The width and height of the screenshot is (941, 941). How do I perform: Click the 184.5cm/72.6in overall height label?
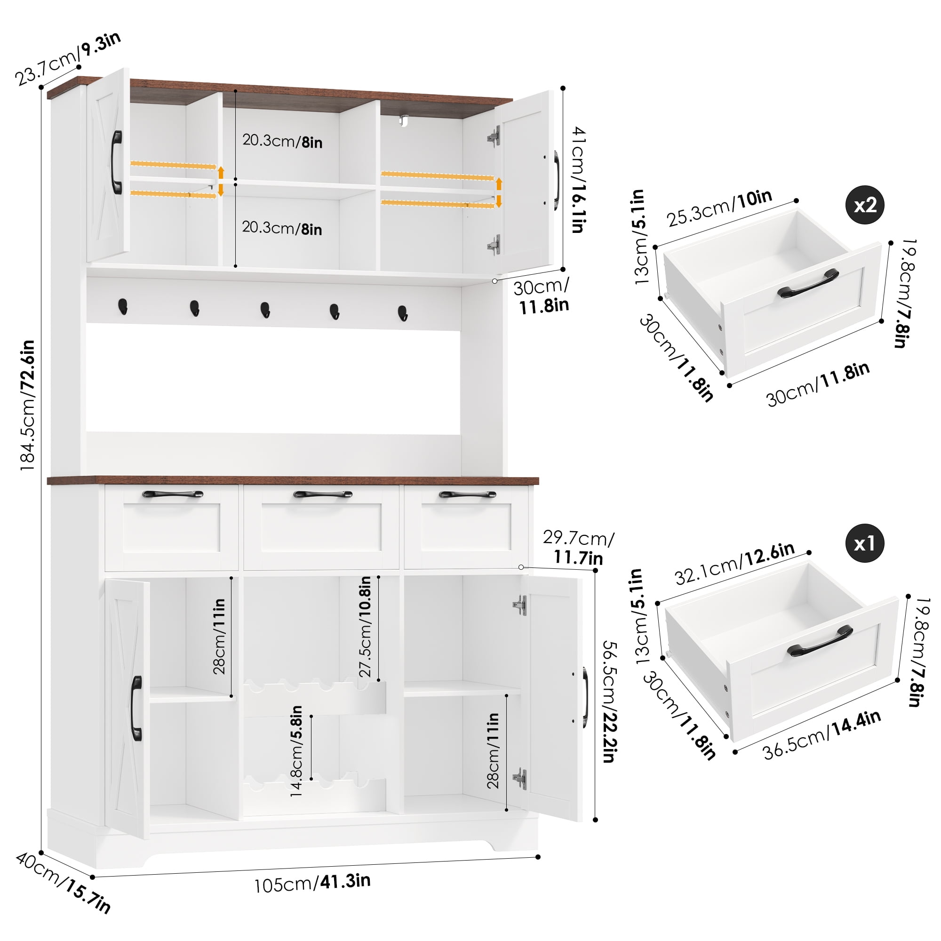tap(27, 405)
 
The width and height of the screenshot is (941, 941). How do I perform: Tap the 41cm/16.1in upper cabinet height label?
tap(578, 180)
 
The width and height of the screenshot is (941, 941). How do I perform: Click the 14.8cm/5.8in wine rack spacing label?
tap(296, 751)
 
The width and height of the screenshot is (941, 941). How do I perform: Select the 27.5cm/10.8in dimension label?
tap(365, 627)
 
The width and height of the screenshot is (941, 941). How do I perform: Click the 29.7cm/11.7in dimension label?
tap(579, 548)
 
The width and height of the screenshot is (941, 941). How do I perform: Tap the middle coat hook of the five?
tap(265, 310)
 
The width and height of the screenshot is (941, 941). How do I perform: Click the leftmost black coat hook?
tap(123, 306)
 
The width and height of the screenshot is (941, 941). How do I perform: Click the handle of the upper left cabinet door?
tap(116, 162)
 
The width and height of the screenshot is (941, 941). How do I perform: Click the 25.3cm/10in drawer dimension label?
tap(719, 208)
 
